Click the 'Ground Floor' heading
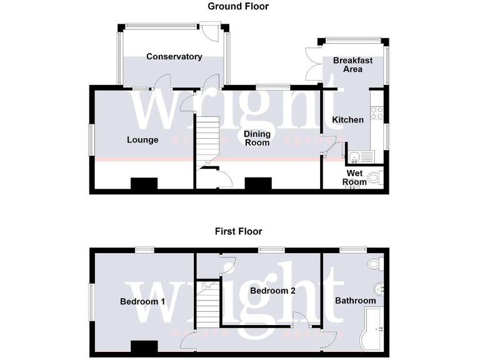click(x=238, y=6)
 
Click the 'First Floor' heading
click(x=238, y=231)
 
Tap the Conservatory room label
click(x=174, y=57)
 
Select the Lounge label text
click(x=142, y=140)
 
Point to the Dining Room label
click(x=257, y=138)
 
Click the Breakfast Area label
click(x=352, y=64)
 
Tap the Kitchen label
click(x=347, y=120)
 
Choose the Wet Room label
click(x=354, y=178)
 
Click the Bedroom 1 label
click(x=142, y=302)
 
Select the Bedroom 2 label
click(x=272, y=291)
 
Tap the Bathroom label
click(x=355, y=301)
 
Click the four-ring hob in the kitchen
click(x=377, y=113)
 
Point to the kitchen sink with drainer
click(x=361, y=157)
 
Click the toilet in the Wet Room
click(x=375, y=179)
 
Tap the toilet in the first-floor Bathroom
click(x=376, y=264)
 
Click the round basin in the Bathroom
click(x=379, y=289)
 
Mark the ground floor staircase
click(x=208, y=137)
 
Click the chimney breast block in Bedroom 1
click(x=144, y=346)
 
